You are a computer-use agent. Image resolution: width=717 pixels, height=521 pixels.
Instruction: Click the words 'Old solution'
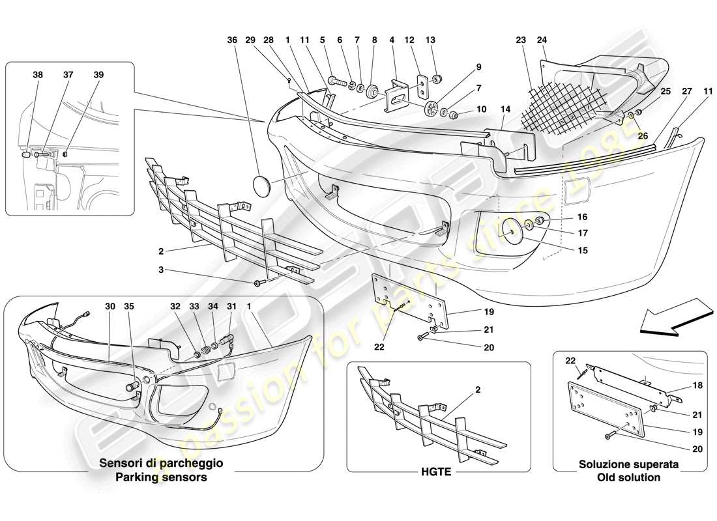tap(629, 477)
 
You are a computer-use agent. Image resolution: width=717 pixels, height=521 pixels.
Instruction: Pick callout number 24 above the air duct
tap(542, 40)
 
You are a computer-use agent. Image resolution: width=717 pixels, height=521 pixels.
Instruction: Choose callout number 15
tap(564, 250)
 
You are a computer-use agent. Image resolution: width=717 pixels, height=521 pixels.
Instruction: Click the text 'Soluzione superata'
tap(629, 465)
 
